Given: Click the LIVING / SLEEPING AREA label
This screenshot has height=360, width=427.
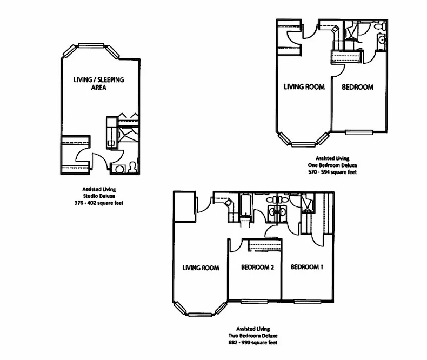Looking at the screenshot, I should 99,83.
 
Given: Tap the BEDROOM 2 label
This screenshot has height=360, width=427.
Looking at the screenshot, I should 258,267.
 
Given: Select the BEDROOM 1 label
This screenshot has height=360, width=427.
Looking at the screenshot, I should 307,267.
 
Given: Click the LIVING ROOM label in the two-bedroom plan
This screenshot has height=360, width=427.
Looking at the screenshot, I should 201,268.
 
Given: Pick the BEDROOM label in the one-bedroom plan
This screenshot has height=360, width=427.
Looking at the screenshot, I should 358,87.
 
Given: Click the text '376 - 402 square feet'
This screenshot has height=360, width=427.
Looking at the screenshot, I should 99,203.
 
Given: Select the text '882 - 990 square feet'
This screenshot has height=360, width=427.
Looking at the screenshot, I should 252,342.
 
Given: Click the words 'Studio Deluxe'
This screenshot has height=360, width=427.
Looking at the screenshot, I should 99,196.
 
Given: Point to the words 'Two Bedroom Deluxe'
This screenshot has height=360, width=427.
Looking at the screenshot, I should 252,335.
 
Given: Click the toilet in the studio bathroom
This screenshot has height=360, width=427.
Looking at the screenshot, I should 131,168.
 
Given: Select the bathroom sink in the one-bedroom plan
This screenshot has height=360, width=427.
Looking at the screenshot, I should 382,39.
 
